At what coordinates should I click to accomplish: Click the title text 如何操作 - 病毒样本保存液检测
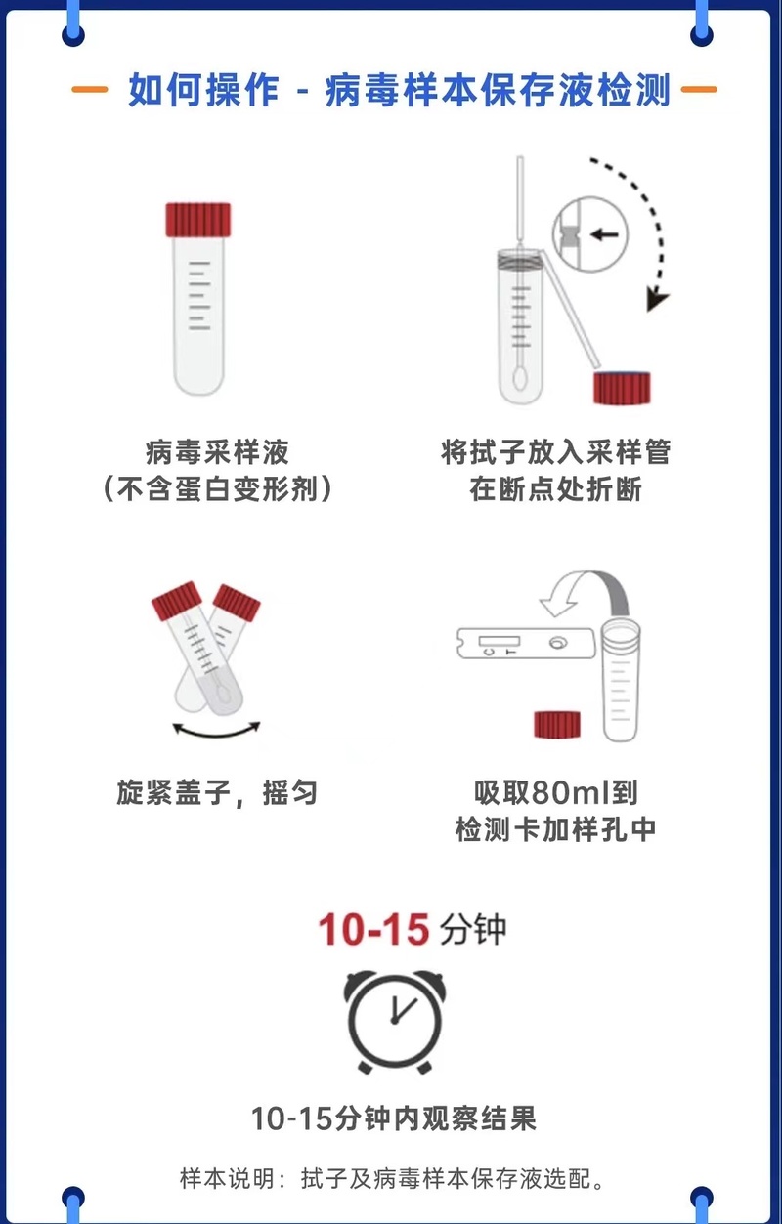tap(399, 90)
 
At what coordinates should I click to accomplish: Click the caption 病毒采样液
tap(217, 452)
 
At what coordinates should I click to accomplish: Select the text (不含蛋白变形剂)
tap(217, 488)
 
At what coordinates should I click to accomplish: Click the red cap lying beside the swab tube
tap(623, 388)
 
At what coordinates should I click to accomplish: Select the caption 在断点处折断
tap(555, 488)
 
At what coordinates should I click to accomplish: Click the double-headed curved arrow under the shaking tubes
tap(216, 730)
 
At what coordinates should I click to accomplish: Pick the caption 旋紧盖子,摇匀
tap(217, 791)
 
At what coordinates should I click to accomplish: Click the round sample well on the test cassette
tap(558, 644)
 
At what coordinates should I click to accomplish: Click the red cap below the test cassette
tap(557, 724)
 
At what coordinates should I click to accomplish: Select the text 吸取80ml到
tap(555, 791)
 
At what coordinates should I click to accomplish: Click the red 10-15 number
tap(373, 929)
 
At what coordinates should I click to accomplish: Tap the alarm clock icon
tap(393, 1019)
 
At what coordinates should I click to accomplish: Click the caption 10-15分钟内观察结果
tap(393, 1118)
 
